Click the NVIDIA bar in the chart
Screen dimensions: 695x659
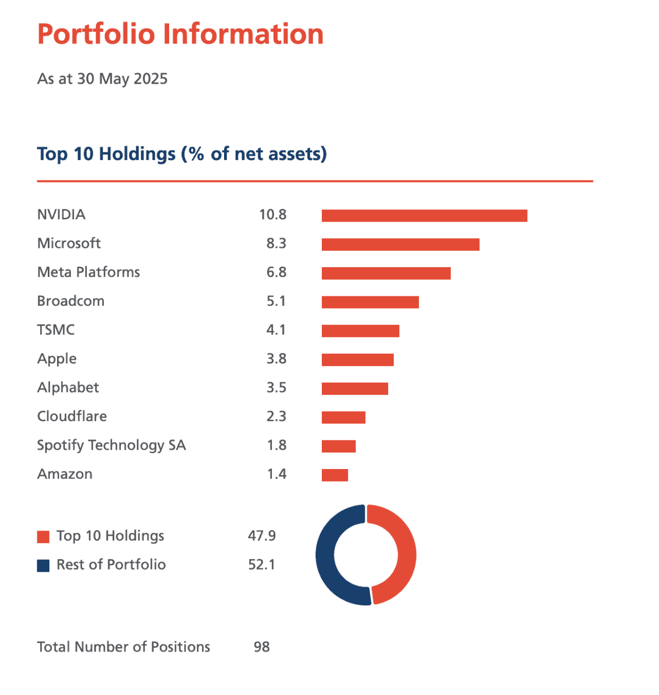(424, 216)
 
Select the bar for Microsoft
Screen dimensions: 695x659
(400, 244)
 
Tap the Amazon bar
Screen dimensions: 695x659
(335, 475)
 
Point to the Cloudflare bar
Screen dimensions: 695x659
(343, 417)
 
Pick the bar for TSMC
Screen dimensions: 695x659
(360, 331)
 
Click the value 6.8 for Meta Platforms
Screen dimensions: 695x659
(276, 273)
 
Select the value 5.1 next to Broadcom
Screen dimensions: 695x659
(276, 301)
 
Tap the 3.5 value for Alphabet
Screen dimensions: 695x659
(276, 388)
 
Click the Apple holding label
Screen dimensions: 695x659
(57, 359)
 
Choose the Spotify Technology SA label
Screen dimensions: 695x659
(111, 445)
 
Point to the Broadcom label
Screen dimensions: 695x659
(71, 301)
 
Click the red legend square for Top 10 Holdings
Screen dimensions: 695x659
(43, 537)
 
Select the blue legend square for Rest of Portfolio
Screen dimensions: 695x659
(43, 565)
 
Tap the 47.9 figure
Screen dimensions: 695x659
(262, 536)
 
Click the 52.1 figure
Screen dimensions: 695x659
(262, 565)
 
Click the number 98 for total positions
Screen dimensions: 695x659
(262, 647)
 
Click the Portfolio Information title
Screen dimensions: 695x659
(181, 34)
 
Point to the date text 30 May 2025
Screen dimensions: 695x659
(122, 79)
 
